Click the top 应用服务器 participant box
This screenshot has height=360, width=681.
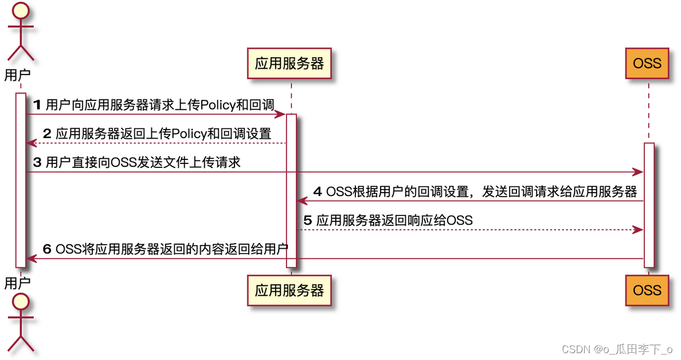coord(289,63)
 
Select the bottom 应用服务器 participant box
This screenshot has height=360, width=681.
coord(289,290)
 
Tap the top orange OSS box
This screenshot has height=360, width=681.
coord(647,63)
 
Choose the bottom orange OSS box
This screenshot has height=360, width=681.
coord(647,290)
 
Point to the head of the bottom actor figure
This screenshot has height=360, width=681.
coord(20,301)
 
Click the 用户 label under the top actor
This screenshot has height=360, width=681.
coord(17,75)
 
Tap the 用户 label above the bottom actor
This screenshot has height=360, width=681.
coord(17,283)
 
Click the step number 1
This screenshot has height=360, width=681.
coord(38,105)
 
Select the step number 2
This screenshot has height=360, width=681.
coord(48,134)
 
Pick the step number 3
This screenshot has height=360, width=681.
coord(37,163)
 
